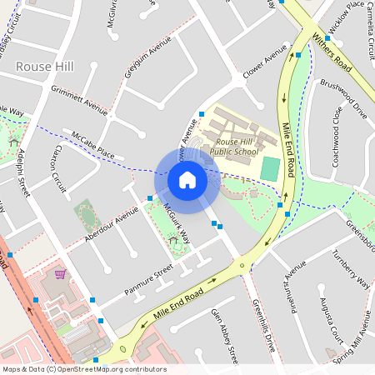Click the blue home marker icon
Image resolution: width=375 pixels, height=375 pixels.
(187, 179)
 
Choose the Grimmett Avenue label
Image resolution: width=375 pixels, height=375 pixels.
(79, 99)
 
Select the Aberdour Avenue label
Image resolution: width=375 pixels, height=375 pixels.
(111, 225)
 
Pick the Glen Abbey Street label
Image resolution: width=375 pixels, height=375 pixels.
(226, 334)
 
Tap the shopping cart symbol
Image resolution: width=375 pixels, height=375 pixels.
(60, 273)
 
